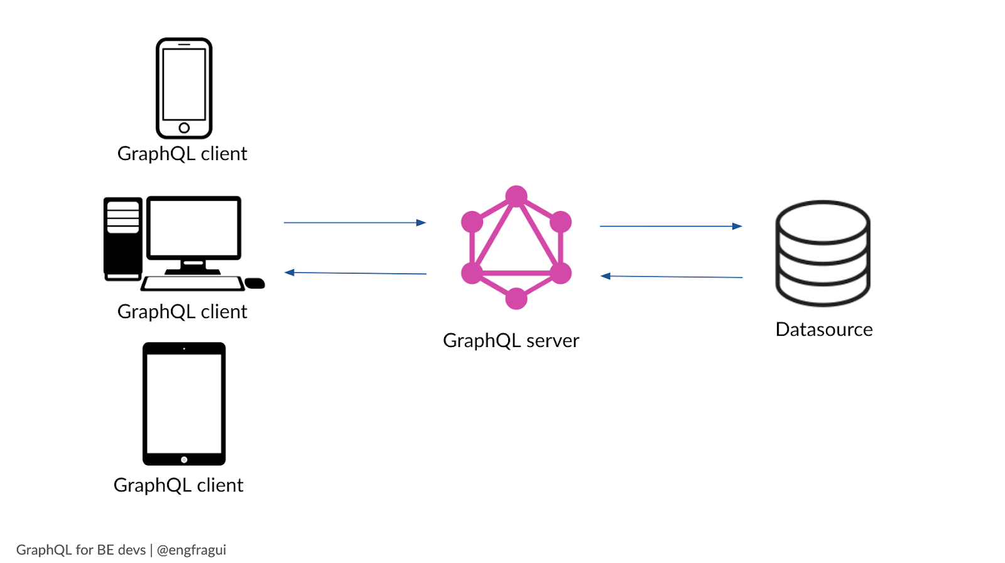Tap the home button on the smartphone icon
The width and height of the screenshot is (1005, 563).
184,128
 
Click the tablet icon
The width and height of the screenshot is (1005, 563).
184,404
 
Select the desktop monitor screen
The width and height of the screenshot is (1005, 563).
193,228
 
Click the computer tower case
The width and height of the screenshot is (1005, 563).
122,239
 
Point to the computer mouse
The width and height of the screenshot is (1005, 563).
254,284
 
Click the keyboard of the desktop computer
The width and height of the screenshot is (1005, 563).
192,284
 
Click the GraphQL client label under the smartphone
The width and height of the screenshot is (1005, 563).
182,154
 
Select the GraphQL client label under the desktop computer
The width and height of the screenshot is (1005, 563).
182,312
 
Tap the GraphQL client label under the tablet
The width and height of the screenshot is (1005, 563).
178,485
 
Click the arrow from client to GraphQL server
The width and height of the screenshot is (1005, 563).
355,222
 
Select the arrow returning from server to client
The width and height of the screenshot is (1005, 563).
355,273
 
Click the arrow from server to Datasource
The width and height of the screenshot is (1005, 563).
671,226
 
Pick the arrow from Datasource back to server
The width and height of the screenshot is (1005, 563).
671,276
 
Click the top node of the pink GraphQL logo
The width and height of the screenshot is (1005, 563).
516,196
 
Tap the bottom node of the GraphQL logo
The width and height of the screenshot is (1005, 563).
516,299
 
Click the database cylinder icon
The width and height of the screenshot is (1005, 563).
823,253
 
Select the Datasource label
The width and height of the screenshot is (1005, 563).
824,330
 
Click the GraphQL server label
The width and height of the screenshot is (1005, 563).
511,341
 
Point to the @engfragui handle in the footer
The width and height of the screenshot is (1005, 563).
191,550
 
